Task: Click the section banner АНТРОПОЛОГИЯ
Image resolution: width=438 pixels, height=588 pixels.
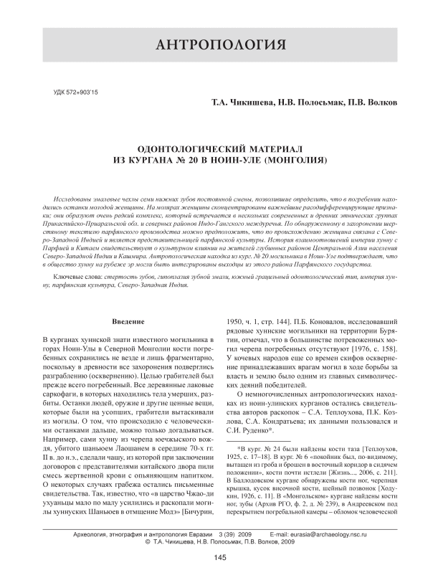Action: pos(219,47)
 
